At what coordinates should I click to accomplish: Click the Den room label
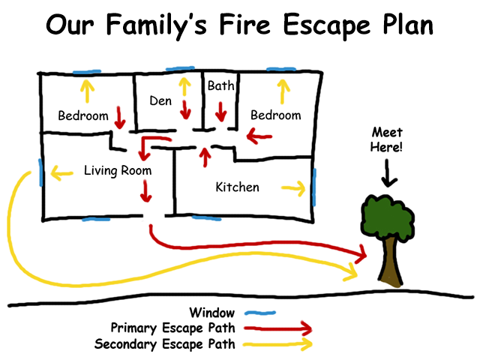pyautogui.click(x=160, y=100)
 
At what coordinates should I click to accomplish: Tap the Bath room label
pyautogui.click(x=220, y=86)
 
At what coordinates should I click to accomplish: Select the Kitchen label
pyautogui.click(x=237, y=187)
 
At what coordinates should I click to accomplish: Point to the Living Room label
pyautogui.click(x=118, y=171)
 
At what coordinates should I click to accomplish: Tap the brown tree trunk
pyautogui.click(x=390, y=263)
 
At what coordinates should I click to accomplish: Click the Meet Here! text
pyautogui.click(x=386, y=140)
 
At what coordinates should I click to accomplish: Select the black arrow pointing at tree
pyautogui.click(x=386, y=175)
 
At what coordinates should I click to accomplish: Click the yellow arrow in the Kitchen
pyautogui.click(x=293, y=187)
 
